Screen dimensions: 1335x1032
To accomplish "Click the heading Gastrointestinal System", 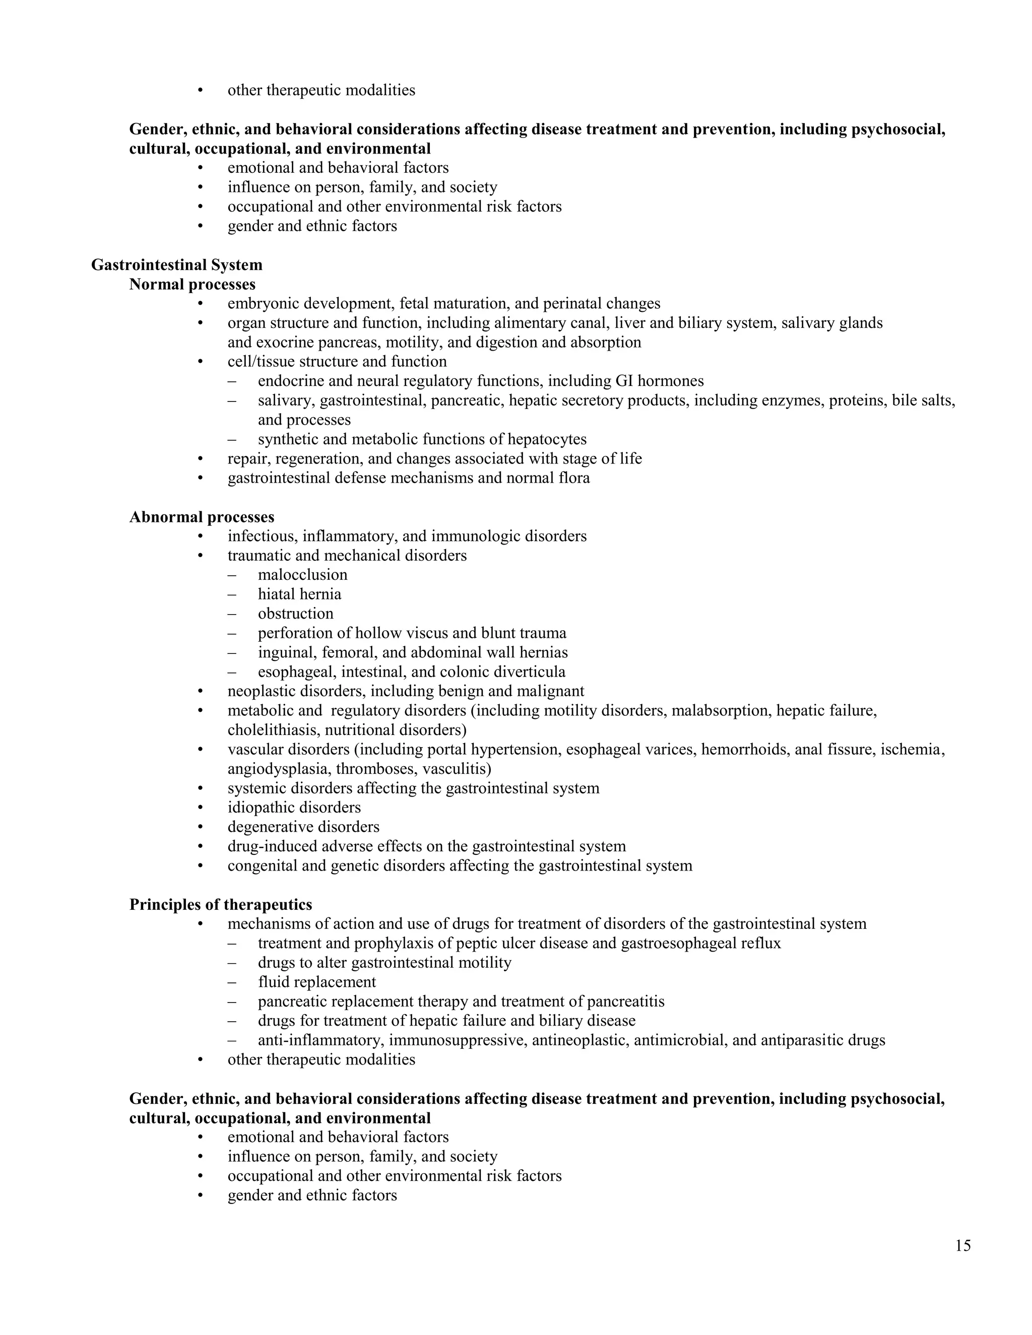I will [177, 264].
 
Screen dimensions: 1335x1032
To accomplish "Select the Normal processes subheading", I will [192, 284].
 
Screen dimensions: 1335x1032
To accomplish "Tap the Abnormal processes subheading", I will [202, 517].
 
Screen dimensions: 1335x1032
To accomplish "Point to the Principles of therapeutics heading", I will [221, 905].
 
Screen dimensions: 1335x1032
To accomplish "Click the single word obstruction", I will [295, 614].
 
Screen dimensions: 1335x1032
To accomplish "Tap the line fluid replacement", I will [316, 982].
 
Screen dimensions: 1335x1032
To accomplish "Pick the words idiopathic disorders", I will [294, 808].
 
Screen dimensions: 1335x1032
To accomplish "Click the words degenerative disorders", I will [303, 827].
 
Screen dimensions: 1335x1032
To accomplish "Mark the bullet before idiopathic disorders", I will [200, 808].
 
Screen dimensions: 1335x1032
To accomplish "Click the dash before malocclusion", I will [231, 575].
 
